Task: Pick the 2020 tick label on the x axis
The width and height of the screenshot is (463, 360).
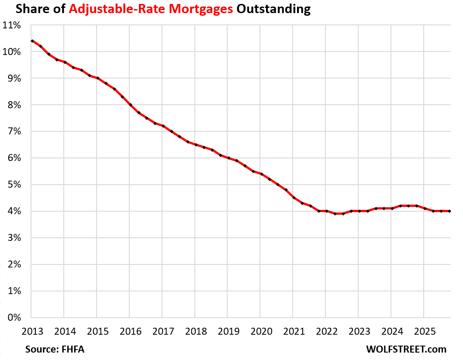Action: click(260, 330)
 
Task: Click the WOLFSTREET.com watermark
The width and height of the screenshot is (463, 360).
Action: click(406, 349)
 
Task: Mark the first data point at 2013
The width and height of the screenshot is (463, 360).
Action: click(32, 41)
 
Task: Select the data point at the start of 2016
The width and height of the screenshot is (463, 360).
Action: click(130, 105)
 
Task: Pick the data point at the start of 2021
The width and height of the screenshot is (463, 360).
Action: click(293, 198)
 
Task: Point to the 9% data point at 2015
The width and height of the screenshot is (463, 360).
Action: click(97, 78)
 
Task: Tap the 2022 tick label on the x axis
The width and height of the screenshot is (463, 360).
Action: click(325, 330)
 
